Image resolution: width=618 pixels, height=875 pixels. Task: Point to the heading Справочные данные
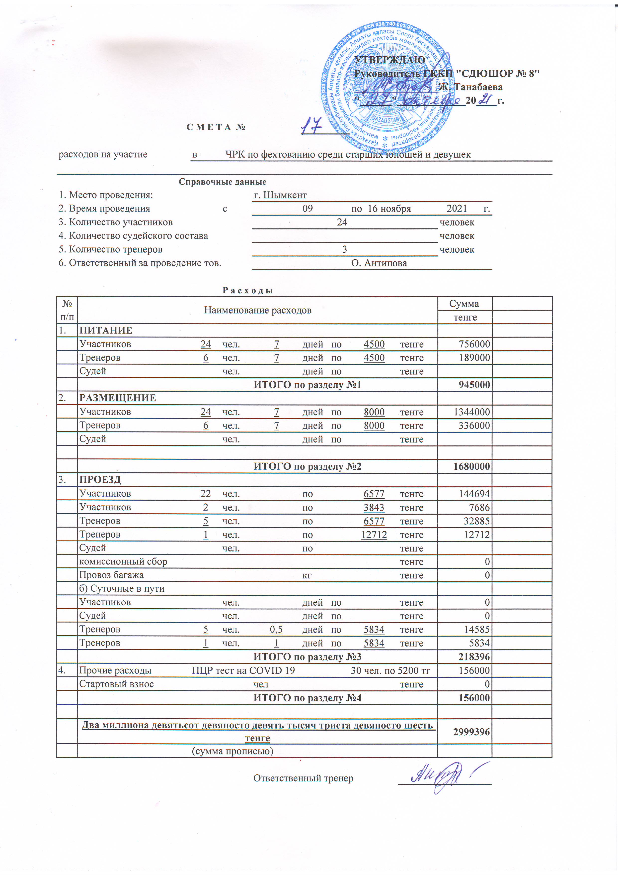click(x=222, y=182)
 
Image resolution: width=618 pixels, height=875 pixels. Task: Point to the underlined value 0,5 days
click(x=276, y=630)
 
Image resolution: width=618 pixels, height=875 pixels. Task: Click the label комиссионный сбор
click(x=123, y=562)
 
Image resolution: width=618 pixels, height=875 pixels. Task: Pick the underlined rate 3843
click(x=374, y=508)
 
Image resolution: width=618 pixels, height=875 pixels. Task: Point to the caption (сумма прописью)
click(x=232, y=751)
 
